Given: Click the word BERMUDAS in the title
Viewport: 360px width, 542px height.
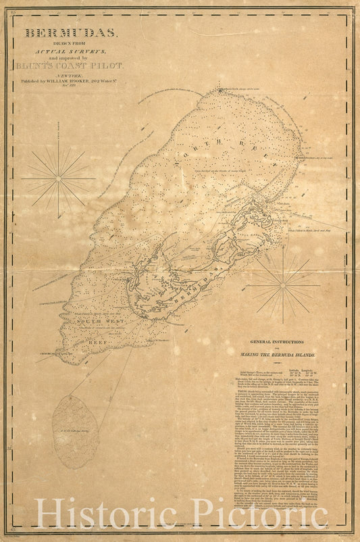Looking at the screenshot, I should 71,32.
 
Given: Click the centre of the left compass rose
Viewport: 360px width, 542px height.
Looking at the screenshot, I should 58,178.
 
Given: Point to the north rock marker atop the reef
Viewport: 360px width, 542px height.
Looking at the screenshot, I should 221,90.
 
